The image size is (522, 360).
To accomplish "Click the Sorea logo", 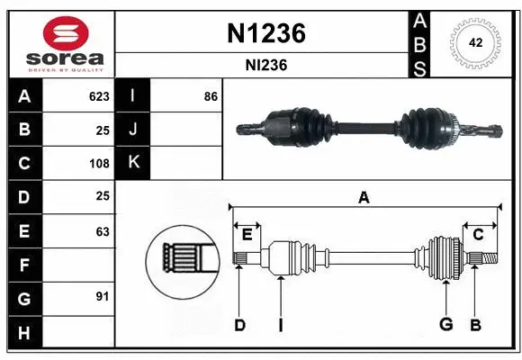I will click(x=60, y=43).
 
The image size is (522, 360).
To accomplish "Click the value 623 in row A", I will click(x=99, y=96).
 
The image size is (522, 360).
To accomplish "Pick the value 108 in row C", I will click(x=99, y=164).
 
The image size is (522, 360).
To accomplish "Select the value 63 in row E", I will click(x=103, y=231).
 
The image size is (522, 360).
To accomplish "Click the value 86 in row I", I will click(x=211, y=96).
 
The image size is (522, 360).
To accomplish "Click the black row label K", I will click(x=133, y=163).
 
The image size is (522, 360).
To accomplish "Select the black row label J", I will click(x=133, y=130).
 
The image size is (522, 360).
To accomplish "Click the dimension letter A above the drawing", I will click(x=364, y=198).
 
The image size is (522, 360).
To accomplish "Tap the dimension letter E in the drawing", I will click(x=247, y=235).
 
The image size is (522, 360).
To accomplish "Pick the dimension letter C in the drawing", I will click(x=478, y=235).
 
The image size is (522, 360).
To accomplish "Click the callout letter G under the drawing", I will click(x=445, y=325).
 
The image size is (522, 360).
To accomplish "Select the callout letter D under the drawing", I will click(x=239, y=325).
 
